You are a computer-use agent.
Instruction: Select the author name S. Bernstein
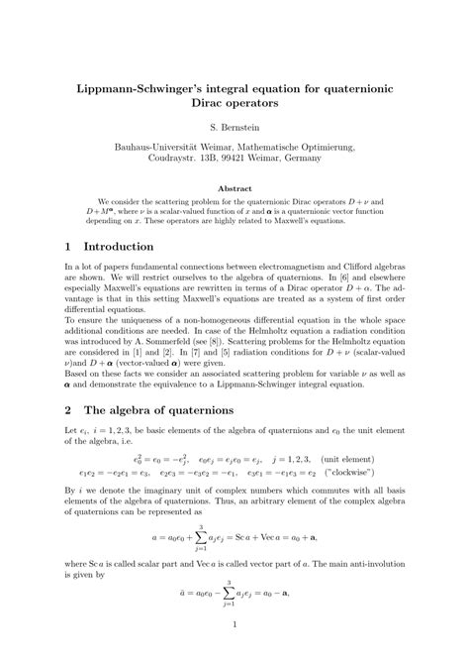(x=234, y=128)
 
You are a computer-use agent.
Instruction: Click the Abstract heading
(x=234, y=189)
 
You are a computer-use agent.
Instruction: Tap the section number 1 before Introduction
(x=68, y=246)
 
